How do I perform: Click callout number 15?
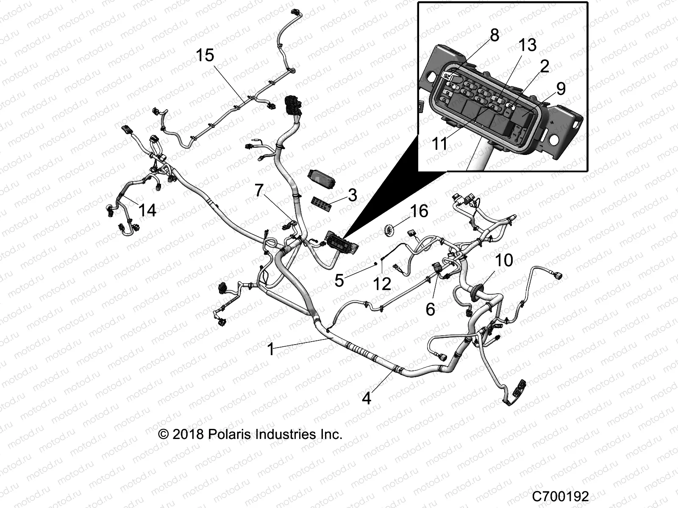point(205,55)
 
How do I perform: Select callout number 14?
point(147,210)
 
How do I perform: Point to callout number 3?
point(352,196)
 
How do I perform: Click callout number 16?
point(419,211)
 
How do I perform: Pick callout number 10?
point(504,260)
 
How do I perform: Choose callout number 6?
point(430,309)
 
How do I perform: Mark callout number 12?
point(382,284)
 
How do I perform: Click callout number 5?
point(339,281)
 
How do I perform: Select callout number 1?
point(271,350)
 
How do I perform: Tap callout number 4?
point(367,398)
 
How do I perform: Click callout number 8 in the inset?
point(494,36)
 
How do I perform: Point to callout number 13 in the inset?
point(528,45)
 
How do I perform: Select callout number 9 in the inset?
point(561,88)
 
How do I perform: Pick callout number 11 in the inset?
point(440,144)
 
